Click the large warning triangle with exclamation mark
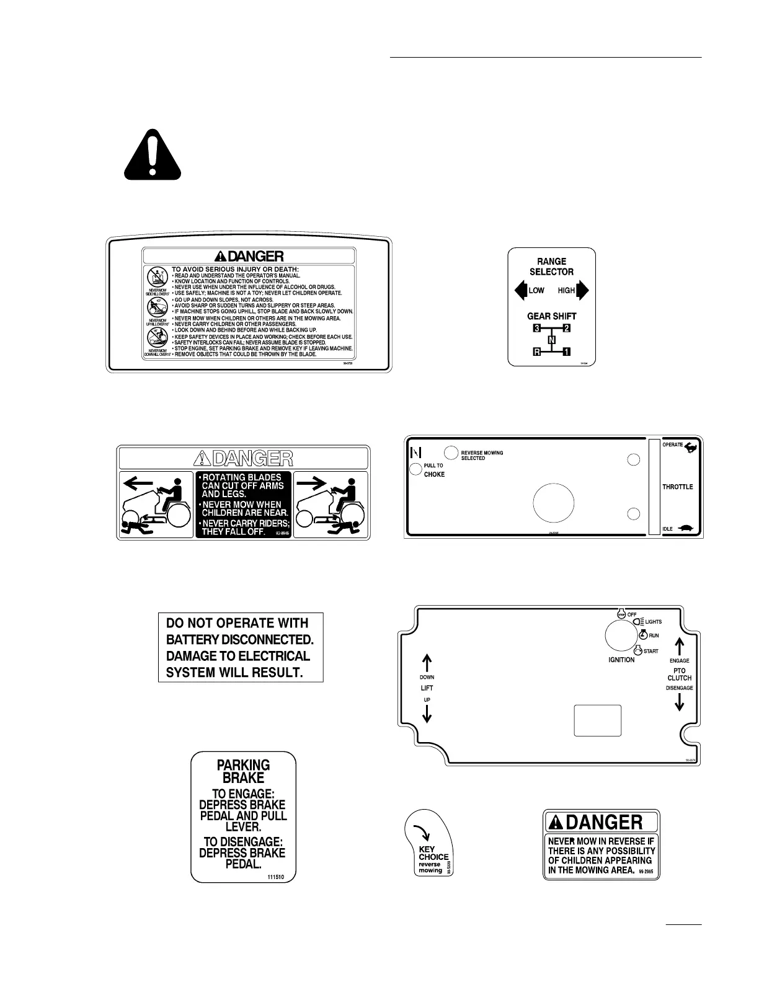pos(152,155)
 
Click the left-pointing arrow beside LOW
pos(520,290)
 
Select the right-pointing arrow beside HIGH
pos(582,290)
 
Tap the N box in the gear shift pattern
pos(551,339)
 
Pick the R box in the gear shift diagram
pos(537,352)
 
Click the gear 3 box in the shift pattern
pos(537,327)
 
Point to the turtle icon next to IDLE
pos(686,528)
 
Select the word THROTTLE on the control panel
pos(677,487)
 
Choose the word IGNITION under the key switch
pos(621,660)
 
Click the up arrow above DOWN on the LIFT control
pos(427,663)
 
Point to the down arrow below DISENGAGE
pos(679,702)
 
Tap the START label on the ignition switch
pos(650,651)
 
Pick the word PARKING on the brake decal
pos(243,765)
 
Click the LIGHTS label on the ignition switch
pos(653,621)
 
